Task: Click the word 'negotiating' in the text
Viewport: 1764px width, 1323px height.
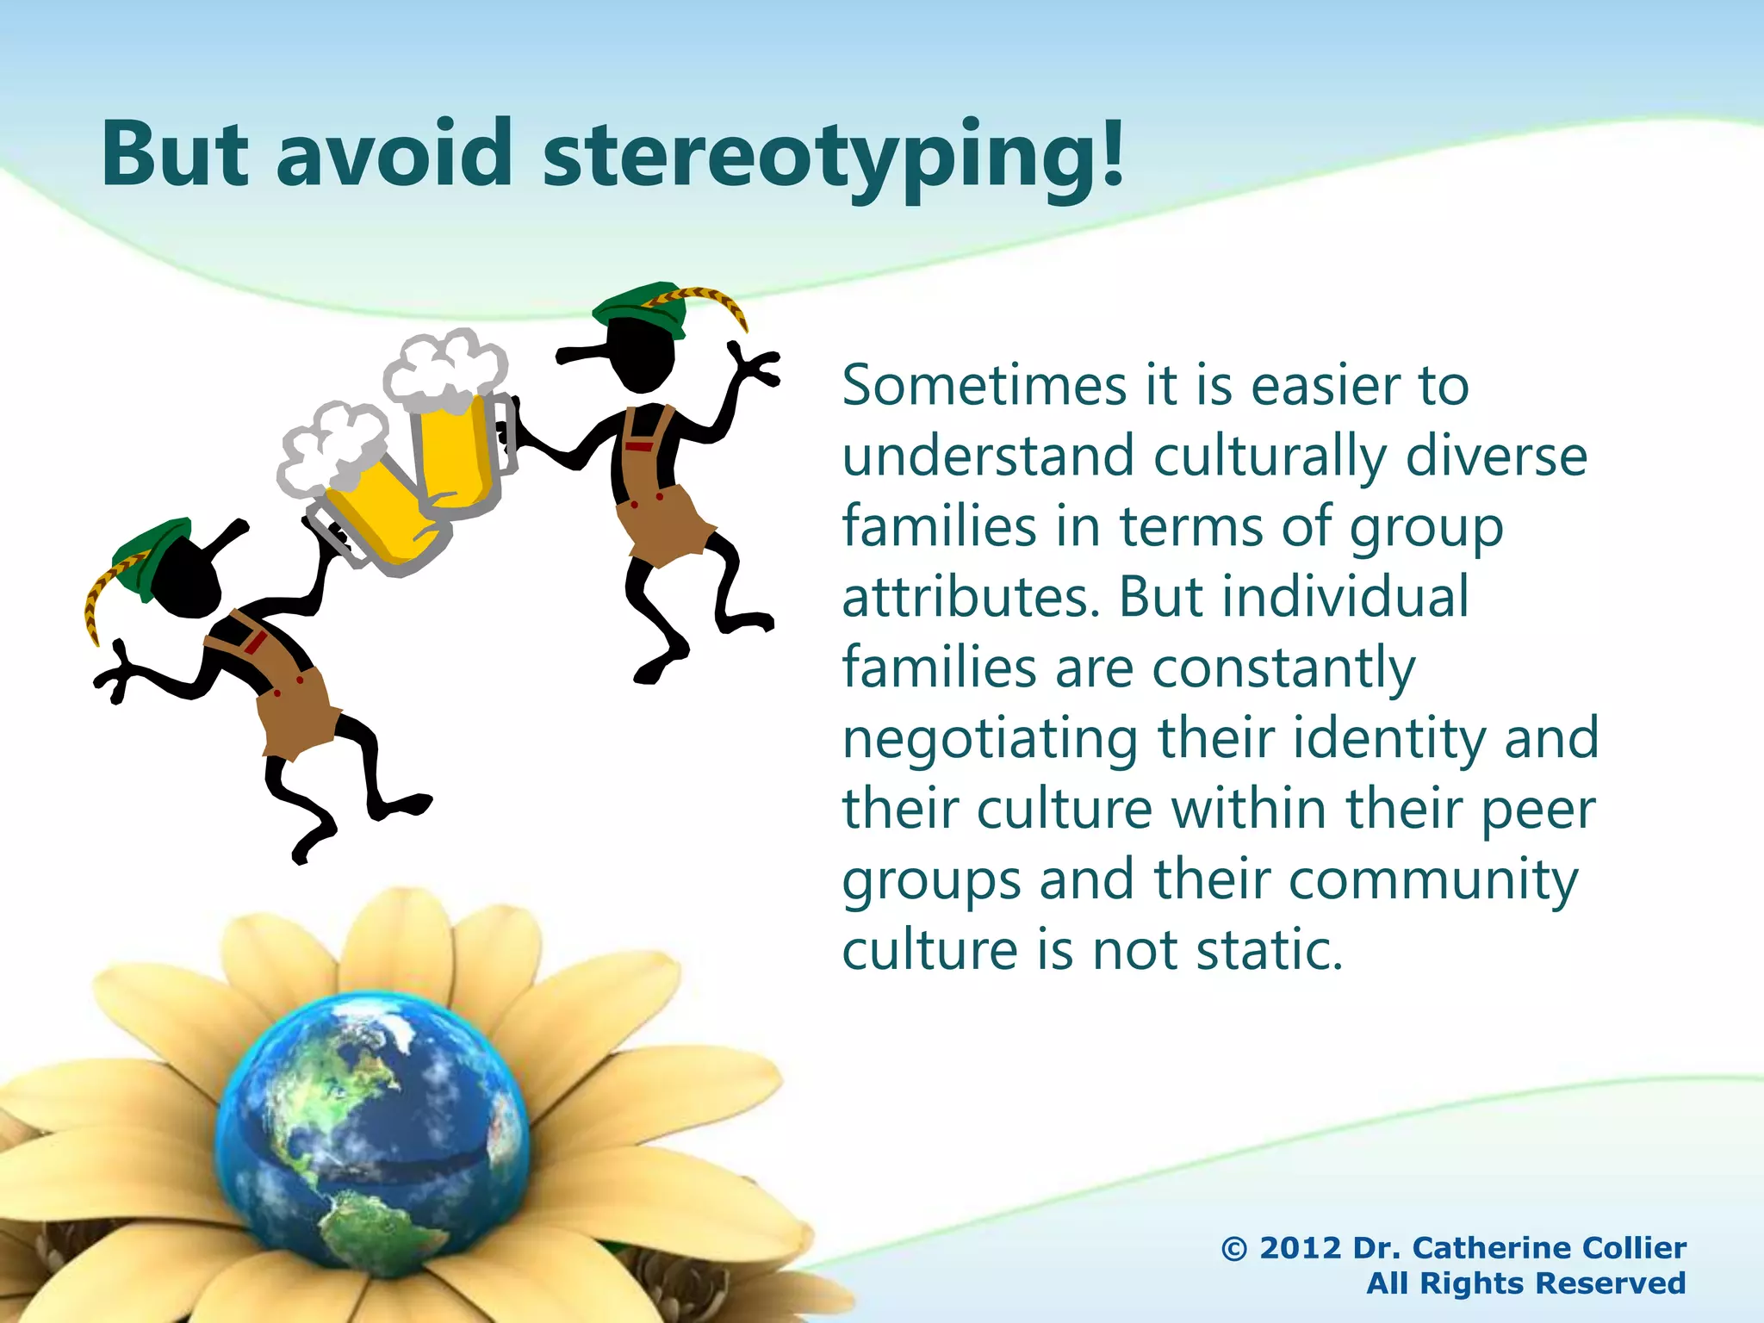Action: pyautogui.click(x=990, y=740)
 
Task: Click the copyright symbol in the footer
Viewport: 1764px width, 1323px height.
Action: pyautogui.click(x=1234, y=1248)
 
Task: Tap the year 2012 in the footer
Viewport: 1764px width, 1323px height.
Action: pyautogui.click(x=1301, y=1248)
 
